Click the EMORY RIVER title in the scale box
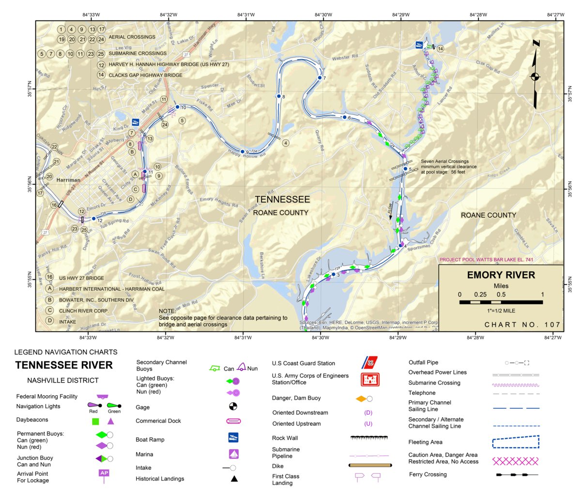point(501,275)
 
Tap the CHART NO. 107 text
point(522,325)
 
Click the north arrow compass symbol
point(535,76)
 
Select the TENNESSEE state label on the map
point(282,200)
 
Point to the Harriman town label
point(68,180)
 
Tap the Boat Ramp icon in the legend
point(233,437)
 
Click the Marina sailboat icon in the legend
point(233,454)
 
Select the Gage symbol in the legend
point(233,406)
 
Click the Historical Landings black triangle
point(234,479)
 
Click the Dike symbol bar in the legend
point(370,466)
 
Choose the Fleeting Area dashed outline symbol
point(516,442)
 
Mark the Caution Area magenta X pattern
point(515,460)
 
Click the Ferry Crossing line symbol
point(516,475)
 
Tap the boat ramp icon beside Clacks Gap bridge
point(419,45)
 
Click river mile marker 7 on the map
point(320,78)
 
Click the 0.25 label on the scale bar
point(480,295)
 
